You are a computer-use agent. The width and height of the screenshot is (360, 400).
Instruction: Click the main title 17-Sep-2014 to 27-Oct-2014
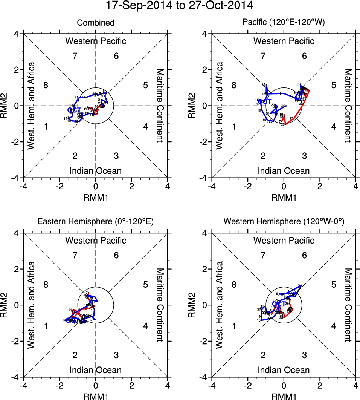[x=180, y=6]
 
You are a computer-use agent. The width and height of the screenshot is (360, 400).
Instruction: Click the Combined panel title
[x=96, y=23]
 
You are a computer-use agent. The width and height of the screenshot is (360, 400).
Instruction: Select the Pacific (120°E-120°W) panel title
[x=284, y=23]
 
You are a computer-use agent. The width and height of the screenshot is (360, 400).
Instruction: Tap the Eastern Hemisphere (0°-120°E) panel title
[x=96, y=222]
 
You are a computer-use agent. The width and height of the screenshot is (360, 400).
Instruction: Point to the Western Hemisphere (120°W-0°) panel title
[x=284, y=222]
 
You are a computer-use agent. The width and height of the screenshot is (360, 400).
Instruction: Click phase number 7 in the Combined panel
[x=75, y=56]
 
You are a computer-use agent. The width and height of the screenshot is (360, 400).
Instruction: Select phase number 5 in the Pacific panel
[x=333, y=85]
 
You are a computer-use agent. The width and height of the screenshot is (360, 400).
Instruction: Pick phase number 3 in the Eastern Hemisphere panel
[x=116, y=355]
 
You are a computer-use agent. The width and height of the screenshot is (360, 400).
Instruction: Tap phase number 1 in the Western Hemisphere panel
[x=234, y=326]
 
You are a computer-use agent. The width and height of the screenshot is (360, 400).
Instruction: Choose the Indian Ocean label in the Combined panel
[x=96, y=171]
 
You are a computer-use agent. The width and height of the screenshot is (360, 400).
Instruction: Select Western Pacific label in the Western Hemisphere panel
[x=284, y=240]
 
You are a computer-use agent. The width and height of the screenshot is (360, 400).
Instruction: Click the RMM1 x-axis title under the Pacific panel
[x=284, y=197]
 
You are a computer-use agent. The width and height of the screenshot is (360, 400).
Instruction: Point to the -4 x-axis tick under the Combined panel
[x=24, y=186]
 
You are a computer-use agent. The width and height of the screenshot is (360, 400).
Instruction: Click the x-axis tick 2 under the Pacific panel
[x=320, y=186]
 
